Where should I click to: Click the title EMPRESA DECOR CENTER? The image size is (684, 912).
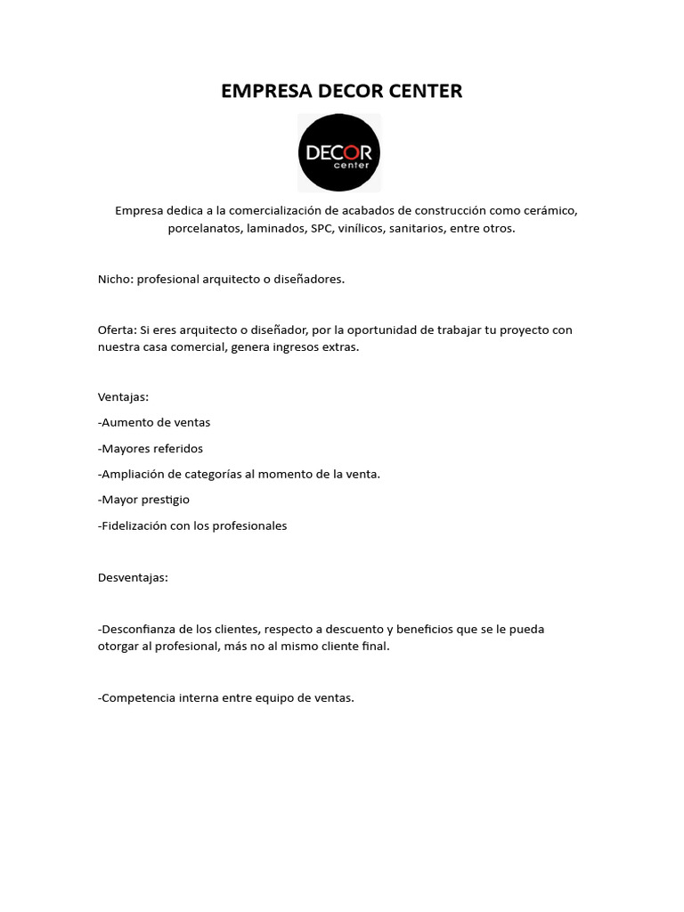tap(342, 91)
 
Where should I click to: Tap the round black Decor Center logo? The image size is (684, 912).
tap(339, 152)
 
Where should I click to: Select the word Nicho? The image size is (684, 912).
tap(114, 279)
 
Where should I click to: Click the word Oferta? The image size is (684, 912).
tap(116, 330)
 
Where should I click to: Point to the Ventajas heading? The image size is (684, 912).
tap(123, 396)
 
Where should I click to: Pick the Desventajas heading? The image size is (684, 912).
tap(133, 577)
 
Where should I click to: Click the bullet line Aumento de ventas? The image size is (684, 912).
tap(154, 422)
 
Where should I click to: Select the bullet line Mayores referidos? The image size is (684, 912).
tap(151, 448)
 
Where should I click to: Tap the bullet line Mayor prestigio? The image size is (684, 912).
tap(143, 500)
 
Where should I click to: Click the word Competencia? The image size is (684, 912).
tap(138, 697)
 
